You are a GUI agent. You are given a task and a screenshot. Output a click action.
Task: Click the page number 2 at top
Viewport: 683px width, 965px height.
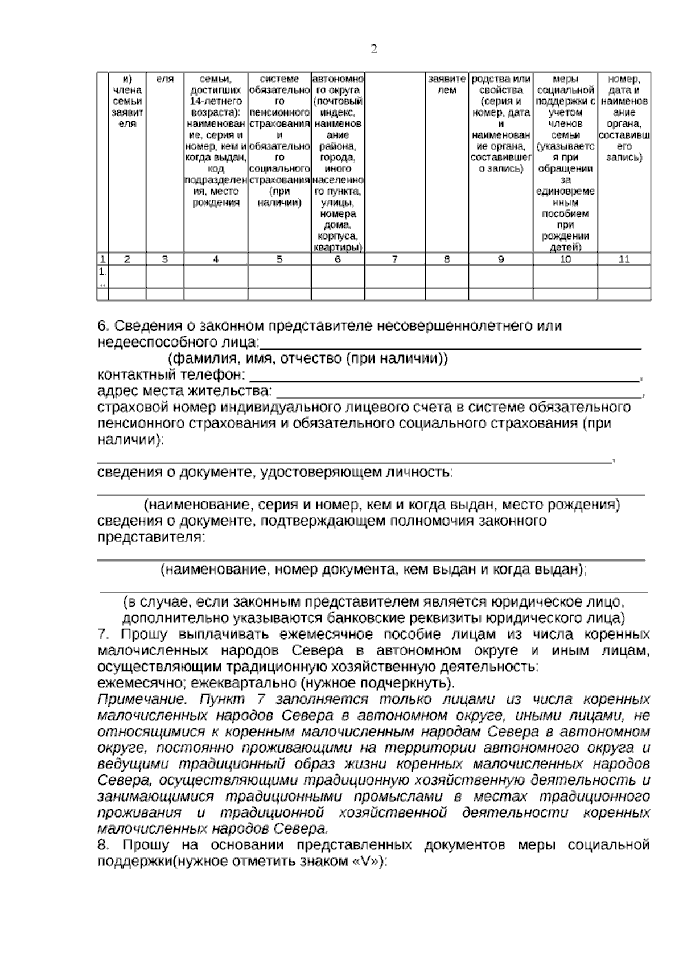pos(374,50)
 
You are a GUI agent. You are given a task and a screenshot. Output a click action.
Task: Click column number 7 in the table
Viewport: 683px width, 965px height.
pos(394,259)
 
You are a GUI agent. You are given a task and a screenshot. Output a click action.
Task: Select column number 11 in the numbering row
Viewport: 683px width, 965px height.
pos(624,259)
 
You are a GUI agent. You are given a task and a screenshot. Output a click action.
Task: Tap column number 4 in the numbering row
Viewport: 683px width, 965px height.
pos(215,259)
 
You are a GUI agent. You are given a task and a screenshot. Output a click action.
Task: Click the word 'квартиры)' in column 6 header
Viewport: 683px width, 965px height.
pos(338,248)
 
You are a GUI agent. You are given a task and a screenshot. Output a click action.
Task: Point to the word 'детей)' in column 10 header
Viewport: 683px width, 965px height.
pos(565,248)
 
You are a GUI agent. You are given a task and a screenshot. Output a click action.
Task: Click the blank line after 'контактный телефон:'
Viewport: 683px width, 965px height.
pos(444,378)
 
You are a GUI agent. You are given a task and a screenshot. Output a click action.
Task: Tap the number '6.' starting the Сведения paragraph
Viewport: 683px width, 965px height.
pos(104,326)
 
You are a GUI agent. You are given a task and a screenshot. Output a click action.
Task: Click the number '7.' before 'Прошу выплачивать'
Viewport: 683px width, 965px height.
pos(104,634)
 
